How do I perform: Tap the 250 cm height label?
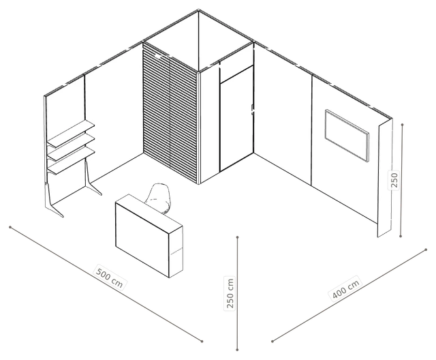230,293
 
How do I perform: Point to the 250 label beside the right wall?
394,180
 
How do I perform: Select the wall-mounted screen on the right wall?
347,135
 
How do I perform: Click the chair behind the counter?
158,198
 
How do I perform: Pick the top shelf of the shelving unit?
71,133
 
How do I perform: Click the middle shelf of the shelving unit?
71,147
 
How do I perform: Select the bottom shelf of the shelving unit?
71,161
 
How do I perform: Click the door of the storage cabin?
236,119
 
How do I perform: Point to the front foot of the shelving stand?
54,200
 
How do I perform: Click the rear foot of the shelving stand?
93,178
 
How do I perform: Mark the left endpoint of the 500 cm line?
10,227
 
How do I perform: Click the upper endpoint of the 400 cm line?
426,250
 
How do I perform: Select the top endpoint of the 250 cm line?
237,237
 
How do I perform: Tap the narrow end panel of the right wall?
384,177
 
